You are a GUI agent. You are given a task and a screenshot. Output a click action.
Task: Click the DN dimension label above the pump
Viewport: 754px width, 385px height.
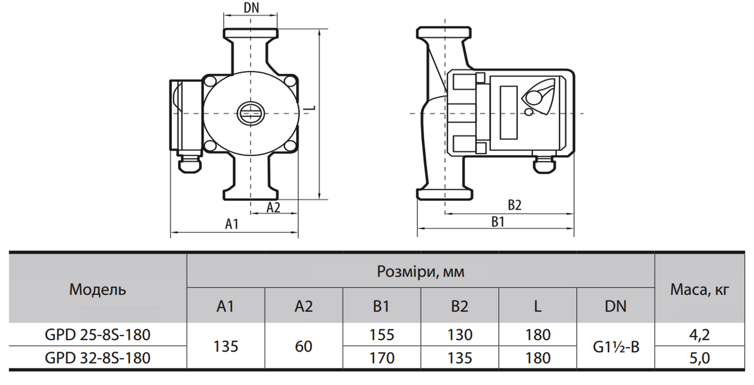(251, 8)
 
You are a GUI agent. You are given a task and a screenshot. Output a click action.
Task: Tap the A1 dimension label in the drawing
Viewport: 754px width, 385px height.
(232, 224)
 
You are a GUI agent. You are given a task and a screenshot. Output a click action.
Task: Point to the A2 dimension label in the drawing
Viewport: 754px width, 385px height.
(273, 208)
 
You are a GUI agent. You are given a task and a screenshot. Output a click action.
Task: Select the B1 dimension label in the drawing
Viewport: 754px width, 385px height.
(498, 222)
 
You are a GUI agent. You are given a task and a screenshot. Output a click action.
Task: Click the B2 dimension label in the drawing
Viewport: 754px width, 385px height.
(514, 205)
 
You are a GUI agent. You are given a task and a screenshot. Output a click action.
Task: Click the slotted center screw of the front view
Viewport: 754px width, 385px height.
(251, 114)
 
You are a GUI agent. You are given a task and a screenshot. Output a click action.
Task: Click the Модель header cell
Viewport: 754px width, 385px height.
(98, 289)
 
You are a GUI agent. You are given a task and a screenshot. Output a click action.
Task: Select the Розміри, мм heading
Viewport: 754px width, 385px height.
(420, 271)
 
